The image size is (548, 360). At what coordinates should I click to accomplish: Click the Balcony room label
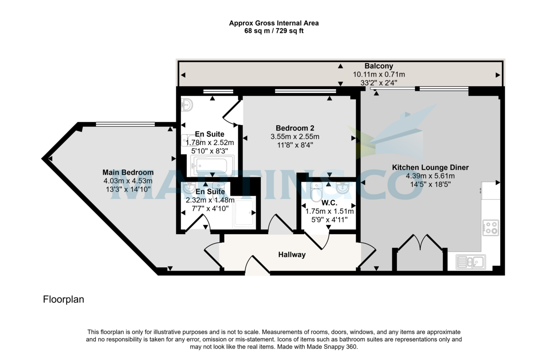pos(379,66)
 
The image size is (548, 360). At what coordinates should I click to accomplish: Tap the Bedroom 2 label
pos(295,128)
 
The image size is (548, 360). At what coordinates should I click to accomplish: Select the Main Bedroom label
pos(128,172)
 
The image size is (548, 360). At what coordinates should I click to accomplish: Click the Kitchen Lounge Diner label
pos(430,167)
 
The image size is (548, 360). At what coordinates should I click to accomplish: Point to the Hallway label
pos(291,255)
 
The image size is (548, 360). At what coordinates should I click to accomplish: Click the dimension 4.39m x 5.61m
pos(430,176)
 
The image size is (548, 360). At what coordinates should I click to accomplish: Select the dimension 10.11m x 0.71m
pos(379,74)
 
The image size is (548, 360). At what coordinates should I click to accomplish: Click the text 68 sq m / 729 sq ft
pos(274,31)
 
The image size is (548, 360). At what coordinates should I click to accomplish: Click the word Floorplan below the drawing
pos(63,300)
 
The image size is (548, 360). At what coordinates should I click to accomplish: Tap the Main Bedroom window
pos(125,124)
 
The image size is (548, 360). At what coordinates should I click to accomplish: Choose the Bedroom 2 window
pos(305,92)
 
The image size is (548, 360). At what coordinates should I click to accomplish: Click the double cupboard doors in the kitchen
pos(420,244)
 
